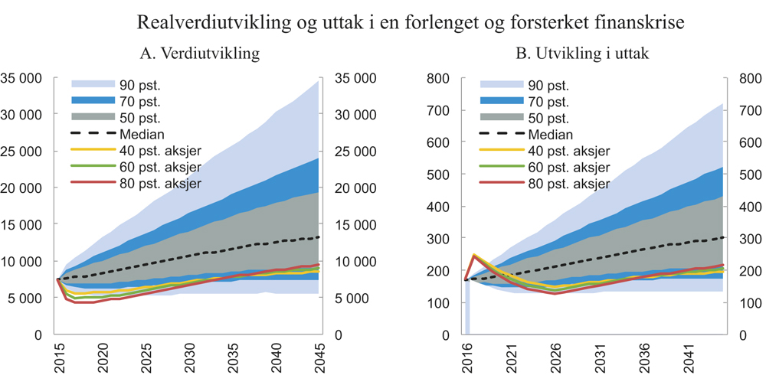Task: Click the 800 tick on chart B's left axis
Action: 440,78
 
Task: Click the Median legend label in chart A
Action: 139,134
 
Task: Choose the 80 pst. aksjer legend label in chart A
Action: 161,184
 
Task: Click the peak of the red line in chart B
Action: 474,256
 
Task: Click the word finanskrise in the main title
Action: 640,22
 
